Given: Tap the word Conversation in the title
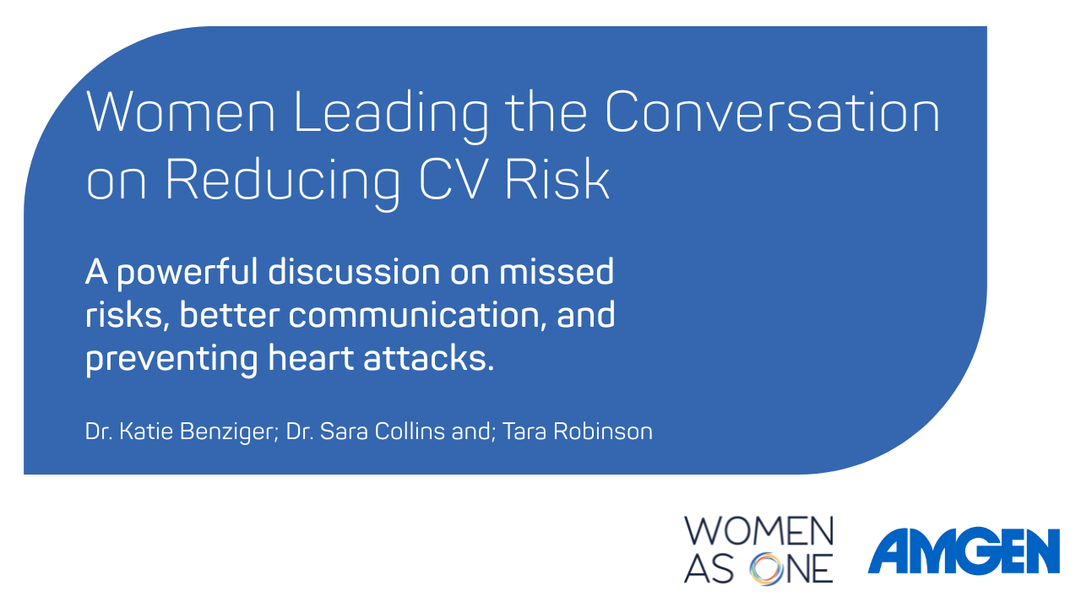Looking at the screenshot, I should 772,112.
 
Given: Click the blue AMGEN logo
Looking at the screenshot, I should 964,551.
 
